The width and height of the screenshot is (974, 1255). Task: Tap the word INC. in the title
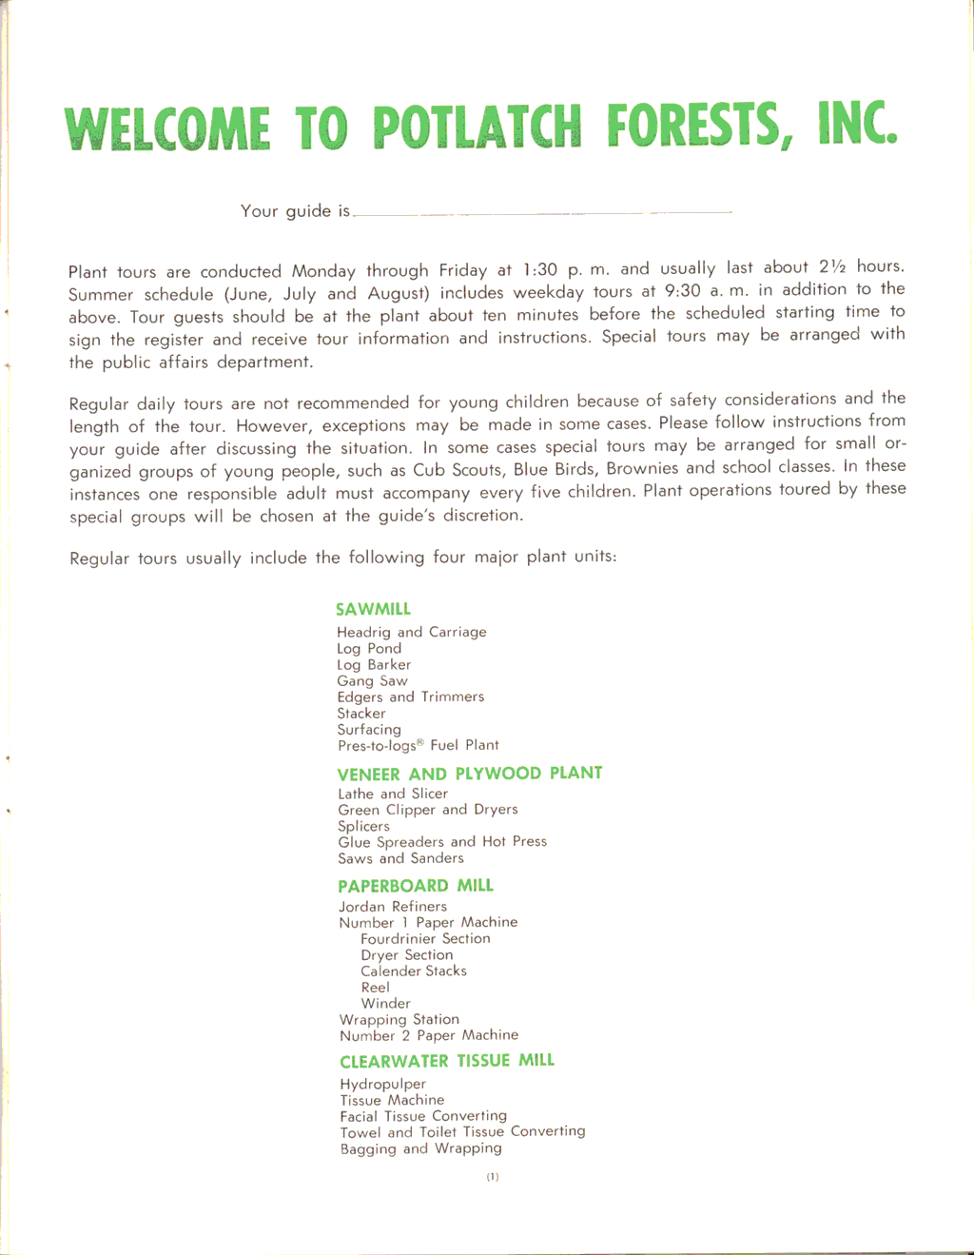856,125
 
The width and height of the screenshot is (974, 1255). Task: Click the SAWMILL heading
373,609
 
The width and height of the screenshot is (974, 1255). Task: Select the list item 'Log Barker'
374,665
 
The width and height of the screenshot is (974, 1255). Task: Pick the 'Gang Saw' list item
372,681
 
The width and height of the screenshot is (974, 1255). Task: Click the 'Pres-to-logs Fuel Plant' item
418,745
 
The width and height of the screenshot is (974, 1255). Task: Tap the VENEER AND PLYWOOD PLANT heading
470,774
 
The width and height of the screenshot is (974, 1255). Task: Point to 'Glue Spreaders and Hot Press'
442,842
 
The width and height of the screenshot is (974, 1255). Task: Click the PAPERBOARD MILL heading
416,886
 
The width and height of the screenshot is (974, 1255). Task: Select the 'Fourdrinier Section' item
425,939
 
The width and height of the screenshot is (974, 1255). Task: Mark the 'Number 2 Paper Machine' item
429,1035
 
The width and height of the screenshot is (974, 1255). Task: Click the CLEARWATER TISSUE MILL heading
447,1061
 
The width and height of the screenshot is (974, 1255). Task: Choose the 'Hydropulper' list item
382,1085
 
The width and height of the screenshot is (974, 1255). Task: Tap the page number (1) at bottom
493,1177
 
